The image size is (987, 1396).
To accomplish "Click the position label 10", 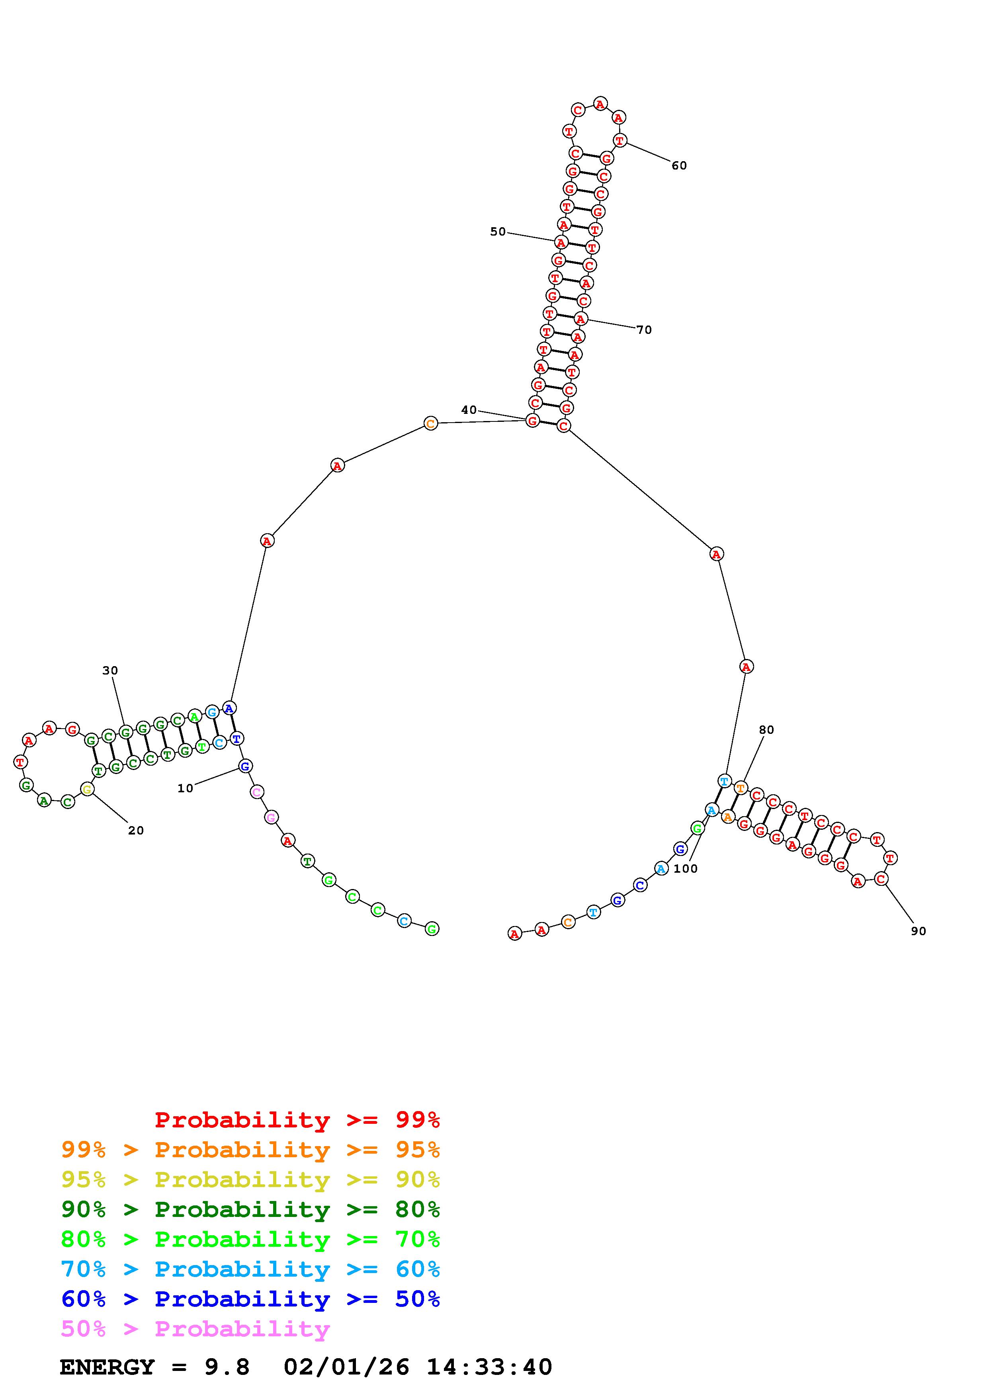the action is [185, 789].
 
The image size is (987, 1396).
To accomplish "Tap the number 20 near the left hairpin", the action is [136, 831].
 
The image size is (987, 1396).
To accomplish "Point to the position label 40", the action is [469, 410].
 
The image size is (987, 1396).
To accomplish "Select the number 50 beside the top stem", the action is [498, 232].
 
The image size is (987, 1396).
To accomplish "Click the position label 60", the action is [679, 166].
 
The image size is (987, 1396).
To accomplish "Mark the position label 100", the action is [685, 869].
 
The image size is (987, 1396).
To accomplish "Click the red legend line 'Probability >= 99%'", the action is [297, 1120].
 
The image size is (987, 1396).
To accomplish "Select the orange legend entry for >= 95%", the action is [250, 1150].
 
